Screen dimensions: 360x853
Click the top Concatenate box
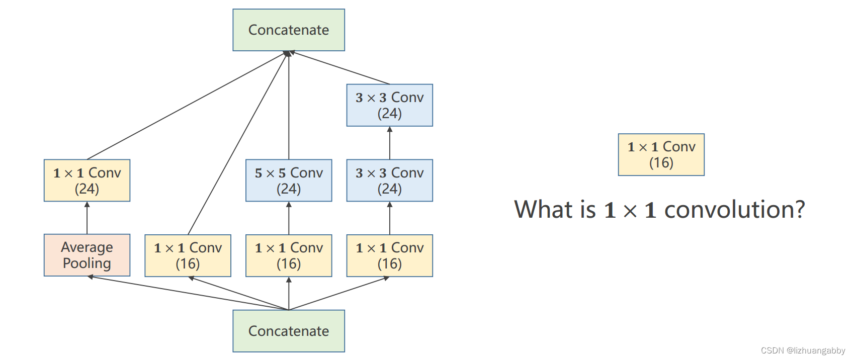point(289,30)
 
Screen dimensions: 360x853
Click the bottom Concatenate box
point(289,331)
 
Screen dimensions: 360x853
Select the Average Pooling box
point(87,255)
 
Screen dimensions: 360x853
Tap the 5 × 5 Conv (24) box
point(289,181)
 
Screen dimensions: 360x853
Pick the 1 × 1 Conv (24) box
point(87,181)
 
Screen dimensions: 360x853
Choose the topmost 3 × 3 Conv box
point(390,105)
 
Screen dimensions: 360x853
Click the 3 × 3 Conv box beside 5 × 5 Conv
point(390,181)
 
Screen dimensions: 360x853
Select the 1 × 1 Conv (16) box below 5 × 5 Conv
point(289,255)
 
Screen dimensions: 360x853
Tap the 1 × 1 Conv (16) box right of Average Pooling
point(188,255)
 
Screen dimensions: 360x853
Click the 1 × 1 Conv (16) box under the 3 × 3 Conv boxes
point(390,255)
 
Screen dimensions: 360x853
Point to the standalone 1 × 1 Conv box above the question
point(661,155)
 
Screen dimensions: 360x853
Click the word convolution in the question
point(735,209)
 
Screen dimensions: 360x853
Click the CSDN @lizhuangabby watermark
point(803,350)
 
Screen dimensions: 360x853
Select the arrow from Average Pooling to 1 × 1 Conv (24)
point(87,218)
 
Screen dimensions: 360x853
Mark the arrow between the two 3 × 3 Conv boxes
point(390,143)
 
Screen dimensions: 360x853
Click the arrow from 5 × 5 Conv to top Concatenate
point(289,105)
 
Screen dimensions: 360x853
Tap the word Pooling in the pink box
point(87,263)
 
